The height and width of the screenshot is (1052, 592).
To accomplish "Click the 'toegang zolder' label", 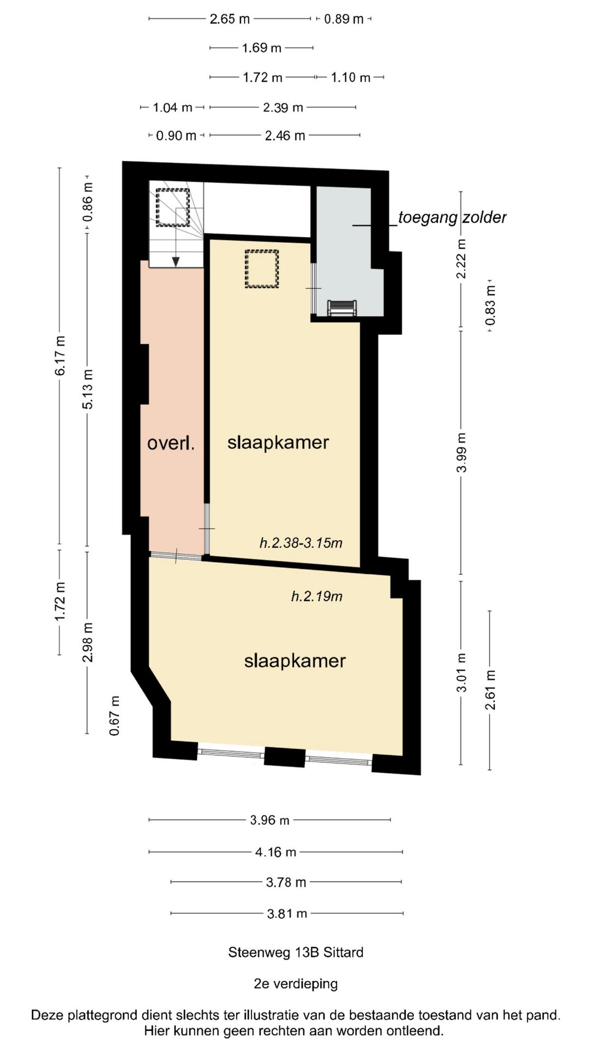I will click(452, 218).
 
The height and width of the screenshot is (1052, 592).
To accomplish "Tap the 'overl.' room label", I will click(170, 443).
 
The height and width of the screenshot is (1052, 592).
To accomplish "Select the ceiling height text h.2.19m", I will click(316, 596).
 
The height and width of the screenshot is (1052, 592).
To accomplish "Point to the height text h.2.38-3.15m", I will click(301, 543).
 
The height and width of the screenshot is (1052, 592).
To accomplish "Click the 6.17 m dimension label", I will click(60, 356).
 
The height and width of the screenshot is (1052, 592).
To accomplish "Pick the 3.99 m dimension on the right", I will click(462, 452).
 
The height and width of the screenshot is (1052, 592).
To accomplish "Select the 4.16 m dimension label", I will click(276, 852).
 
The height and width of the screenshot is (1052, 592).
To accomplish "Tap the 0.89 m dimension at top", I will click(344, 19).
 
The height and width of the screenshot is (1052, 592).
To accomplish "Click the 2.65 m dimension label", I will click(230, 19).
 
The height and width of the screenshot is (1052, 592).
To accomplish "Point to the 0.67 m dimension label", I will click(115, 716).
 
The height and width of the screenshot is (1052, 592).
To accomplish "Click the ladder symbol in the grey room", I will click(341, 308).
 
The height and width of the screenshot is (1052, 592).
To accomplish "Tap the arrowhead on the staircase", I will click(175, 261).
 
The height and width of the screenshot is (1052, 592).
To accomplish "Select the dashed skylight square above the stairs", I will click(173, 208).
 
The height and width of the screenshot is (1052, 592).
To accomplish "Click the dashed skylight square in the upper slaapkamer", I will click(261, 268).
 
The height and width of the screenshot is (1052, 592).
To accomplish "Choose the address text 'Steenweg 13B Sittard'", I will click(295, 952).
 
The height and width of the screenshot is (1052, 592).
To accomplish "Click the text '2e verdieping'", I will click(295, 984).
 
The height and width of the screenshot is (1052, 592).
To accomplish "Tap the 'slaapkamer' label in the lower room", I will click(294, 661).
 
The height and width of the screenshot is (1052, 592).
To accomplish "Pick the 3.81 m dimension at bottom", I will click(287, 913).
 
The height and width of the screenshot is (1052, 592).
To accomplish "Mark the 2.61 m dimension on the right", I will click(490, 689).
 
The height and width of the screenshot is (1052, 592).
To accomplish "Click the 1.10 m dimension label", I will click(350, 78).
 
